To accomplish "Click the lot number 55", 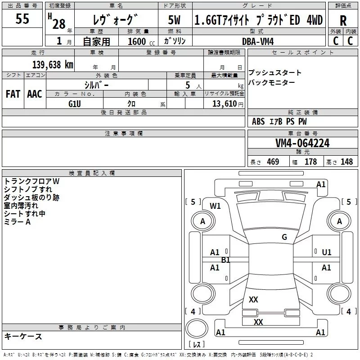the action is [x=22, y=20].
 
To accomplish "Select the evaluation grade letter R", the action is [x=343, y=21].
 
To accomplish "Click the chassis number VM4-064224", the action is [x=302, y=144].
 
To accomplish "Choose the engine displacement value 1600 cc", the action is [x=137, y=41].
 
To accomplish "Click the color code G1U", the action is [x=75, y=104].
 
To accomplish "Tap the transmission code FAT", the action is [x=13, y=94].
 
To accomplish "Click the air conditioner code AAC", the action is [x=34, y=94].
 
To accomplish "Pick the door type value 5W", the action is [x=175, y=21].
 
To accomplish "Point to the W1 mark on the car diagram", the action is [x=216, y=206].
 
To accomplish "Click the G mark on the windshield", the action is [x=284, y=237].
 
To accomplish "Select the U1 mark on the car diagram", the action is [x=326, y=252].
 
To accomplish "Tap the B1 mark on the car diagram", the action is [x=225, y=260].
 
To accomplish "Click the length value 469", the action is [x=272, y=162].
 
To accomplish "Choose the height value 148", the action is [x=346, y=162].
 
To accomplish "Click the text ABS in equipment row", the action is [x=258, y=121].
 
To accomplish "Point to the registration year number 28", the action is [x=58, y=23].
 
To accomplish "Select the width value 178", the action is [x=311, y=162].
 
